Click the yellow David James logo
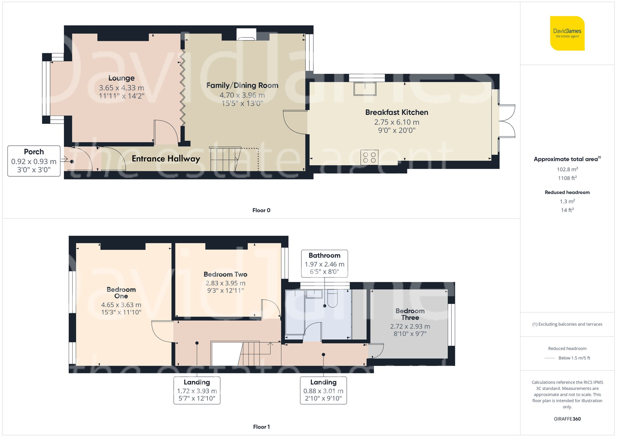tap(567, 33)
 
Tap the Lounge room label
tap(122, 78)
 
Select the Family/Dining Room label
tap(242, 85)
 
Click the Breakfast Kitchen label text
tap(396, 112)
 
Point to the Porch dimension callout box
tap(34, 161)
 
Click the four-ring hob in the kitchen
tap(369, 157)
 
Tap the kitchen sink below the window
tap(365, 89)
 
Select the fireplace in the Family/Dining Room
tap(246, 35)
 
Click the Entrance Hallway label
tap(166, 159)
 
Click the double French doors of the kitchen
tap(507, 121)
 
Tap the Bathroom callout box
tap(325, 263)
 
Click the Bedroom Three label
tap(410, 314)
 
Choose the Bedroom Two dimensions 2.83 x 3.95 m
tap(226, 283)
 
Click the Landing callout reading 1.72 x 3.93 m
tap(197, 390)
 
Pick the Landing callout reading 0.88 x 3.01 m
tap(323, 390)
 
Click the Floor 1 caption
tap(261, 427)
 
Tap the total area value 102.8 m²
tap(567, 169)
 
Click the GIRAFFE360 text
tap(567, 419)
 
